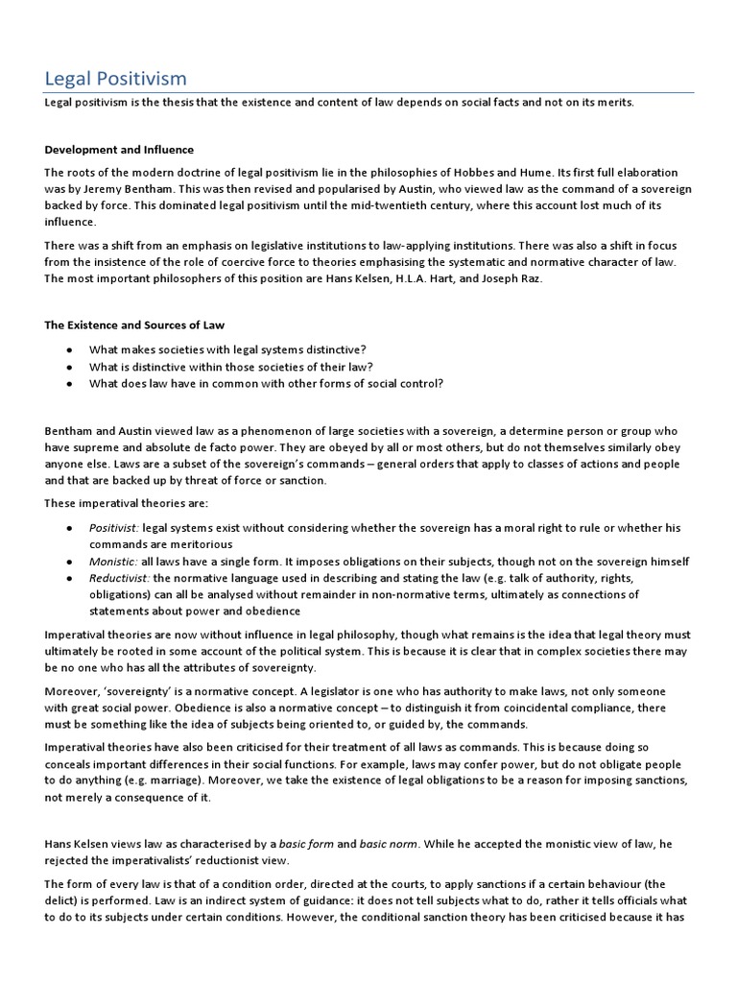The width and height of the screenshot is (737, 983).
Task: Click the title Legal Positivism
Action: coord(116,78)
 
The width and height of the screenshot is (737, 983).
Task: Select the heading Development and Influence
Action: coord(119,150)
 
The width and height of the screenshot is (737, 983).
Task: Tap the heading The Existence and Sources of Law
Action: coord(134,325)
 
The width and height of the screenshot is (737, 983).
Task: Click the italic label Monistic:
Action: coord(113,562)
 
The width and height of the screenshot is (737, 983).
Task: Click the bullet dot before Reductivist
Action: coord(70,579)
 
